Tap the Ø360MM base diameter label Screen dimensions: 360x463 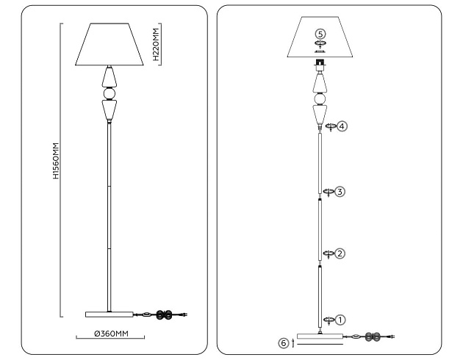111,335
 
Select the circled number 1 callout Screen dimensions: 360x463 340,320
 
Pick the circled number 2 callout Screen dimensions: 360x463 340,253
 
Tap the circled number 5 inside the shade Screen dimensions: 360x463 320,34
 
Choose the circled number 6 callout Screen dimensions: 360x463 284,342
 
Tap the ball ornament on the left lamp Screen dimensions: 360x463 110,93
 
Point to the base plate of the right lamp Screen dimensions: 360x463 320,337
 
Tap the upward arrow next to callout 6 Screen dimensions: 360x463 293,342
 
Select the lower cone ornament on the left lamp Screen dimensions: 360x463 110,112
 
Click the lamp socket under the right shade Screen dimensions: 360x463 320,65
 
